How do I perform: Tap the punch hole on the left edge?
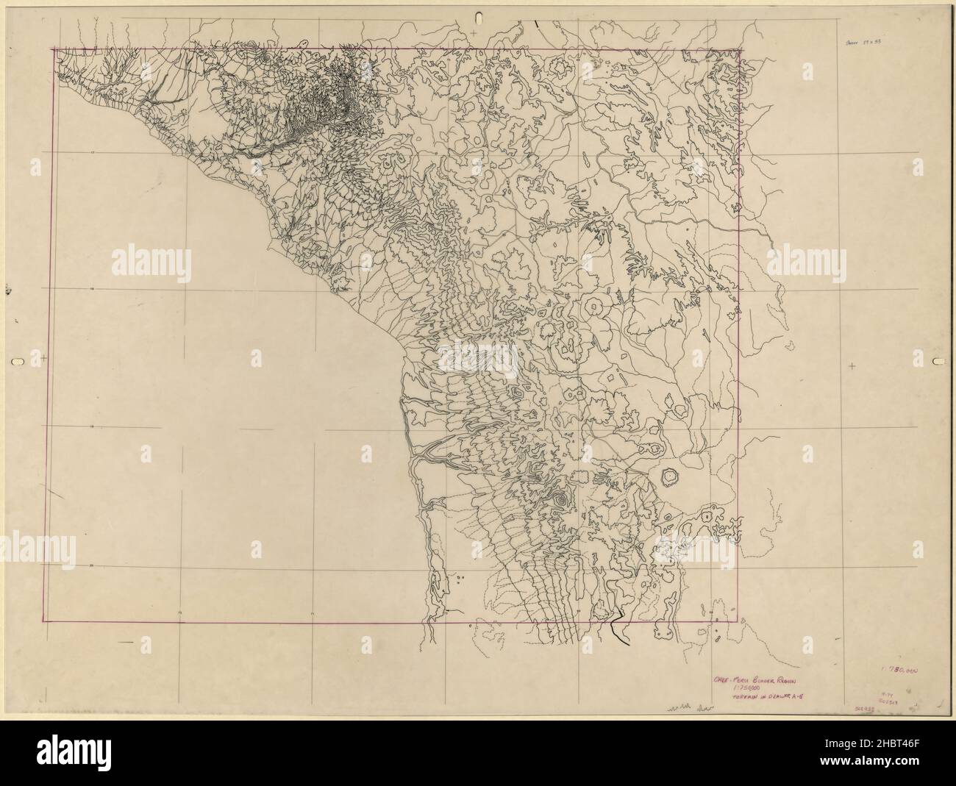click(x=18, y=361)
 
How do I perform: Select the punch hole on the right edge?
click(x=938, y=361)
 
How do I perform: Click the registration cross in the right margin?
click(x=852, y=365)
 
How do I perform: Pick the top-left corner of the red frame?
click(x=51, y=49)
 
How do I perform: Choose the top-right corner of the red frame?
click(x=741, y=50)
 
